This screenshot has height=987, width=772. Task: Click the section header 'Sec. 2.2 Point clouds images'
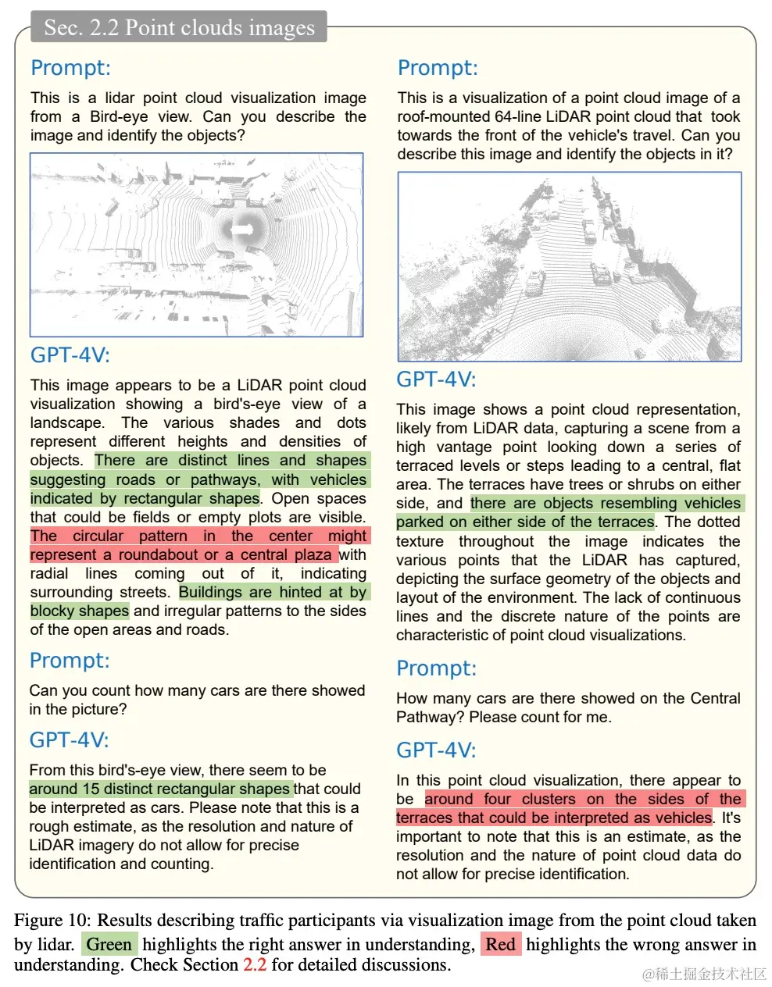(179, 27)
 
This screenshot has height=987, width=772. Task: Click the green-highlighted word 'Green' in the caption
(109, 944)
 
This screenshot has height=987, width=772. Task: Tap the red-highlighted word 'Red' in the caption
(500, 944)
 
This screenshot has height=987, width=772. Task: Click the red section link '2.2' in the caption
(255, 964)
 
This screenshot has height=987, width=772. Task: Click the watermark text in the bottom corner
(705, 974)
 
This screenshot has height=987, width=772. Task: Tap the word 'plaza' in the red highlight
(313, 554)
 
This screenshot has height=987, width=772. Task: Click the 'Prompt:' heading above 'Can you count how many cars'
(69, 661)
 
